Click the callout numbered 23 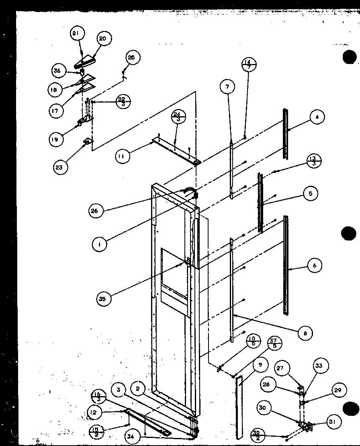pos(59,167)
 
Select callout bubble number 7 pos(228,87)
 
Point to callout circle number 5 pos(310,193)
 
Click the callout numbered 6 pos(315,265)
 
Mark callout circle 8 pos(306,333)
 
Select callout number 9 pos(261,365)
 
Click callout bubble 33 pos(319,366)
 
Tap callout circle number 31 pos(333,421)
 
